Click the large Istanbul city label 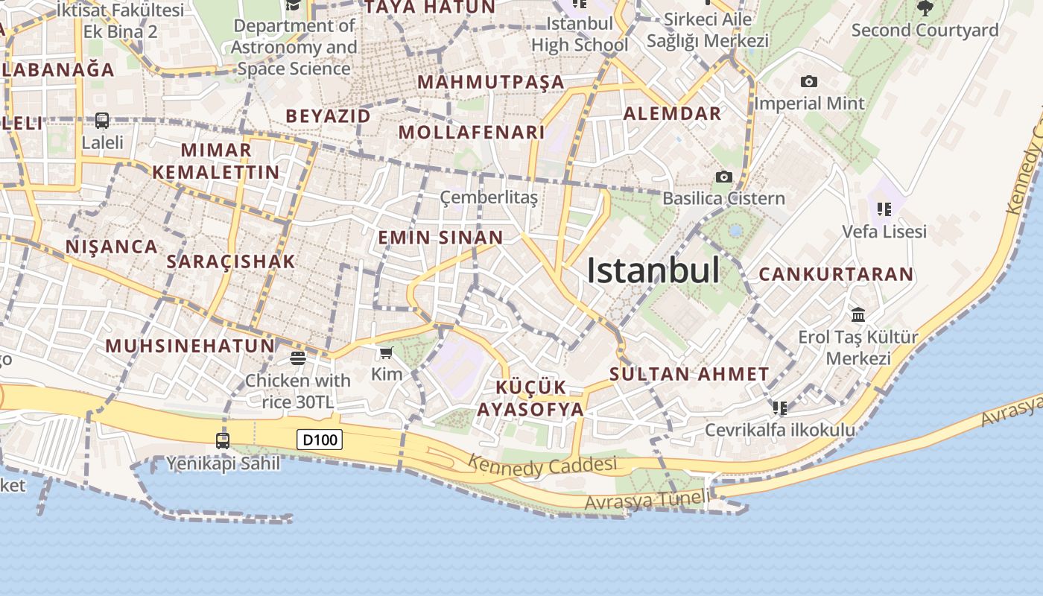tap(653, 270)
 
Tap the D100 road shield tap(320, 440)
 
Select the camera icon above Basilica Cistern tap(723, 177)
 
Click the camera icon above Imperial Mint tap(809, 82)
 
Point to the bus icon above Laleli tap(102, 121)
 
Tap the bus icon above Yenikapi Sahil tap(223, 441)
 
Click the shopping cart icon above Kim tap(386, 353)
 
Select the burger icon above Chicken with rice tap(298, 359)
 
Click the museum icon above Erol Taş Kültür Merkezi tap(858, 315)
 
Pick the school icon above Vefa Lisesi tap(884, 209)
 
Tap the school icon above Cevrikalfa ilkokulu tap(780, 408)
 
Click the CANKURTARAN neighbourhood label tap(836, 274)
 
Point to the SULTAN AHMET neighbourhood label tap(689, 374)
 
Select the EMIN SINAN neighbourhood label tap(440, 238)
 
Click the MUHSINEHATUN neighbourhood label tap(190, 346)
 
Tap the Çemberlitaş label tap(489, 197)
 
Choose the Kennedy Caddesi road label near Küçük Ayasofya tap(542, 466)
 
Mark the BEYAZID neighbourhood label tap(328, 116)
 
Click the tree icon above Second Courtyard tap(925, 9)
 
